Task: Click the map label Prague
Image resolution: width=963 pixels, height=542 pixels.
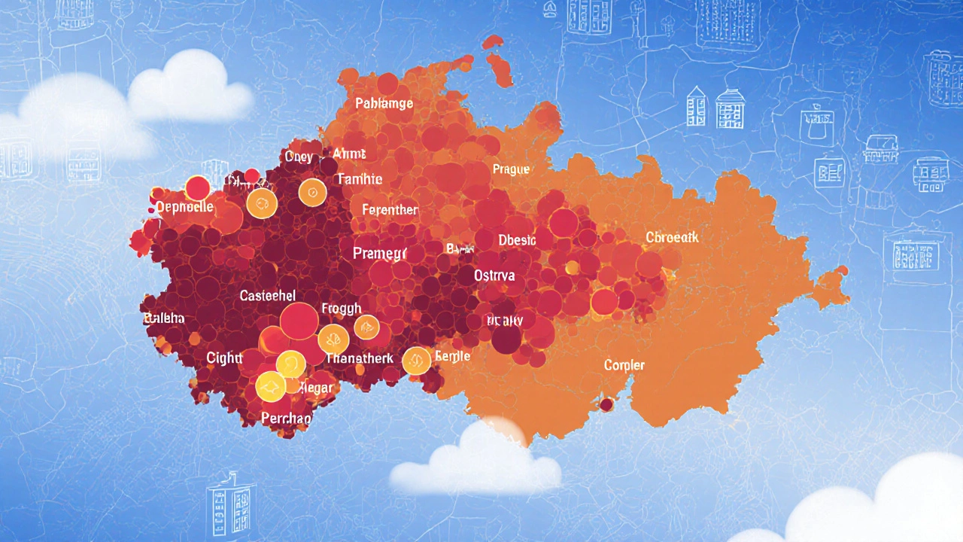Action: [511, 169]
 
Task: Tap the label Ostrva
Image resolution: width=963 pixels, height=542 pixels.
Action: [494, 276]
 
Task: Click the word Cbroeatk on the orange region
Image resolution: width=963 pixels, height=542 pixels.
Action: [672, 238]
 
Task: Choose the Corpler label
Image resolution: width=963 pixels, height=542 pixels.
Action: [624, 365]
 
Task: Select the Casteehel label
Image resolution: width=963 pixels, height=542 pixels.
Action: [267, 296]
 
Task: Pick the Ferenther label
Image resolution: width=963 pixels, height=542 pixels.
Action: [389, 210]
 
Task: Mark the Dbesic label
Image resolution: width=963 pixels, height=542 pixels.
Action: [517, 240]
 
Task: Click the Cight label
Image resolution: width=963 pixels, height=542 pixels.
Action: [223, 358]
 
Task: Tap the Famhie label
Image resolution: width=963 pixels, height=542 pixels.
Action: [360, 179]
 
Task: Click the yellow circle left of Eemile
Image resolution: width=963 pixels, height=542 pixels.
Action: [416, 361]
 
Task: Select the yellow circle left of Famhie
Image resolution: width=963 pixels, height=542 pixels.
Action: [312, 193]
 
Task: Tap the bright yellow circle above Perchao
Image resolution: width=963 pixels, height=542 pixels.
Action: [270, 387]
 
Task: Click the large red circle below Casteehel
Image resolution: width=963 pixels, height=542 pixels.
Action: [299, 321]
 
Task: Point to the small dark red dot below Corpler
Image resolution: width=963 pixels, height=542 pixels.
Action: [606, 405]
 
